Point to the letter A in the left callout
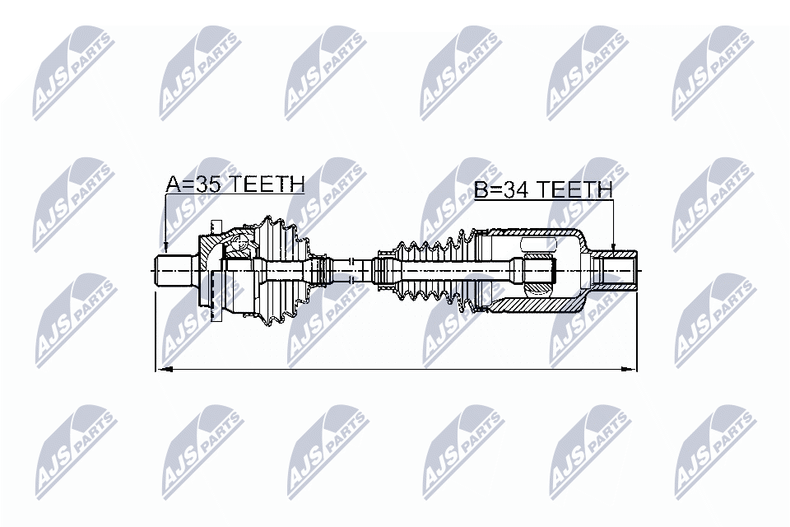coord(174,184)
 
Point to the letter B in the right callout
coord(481,190)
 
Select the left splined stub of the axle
coord(174,270)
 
